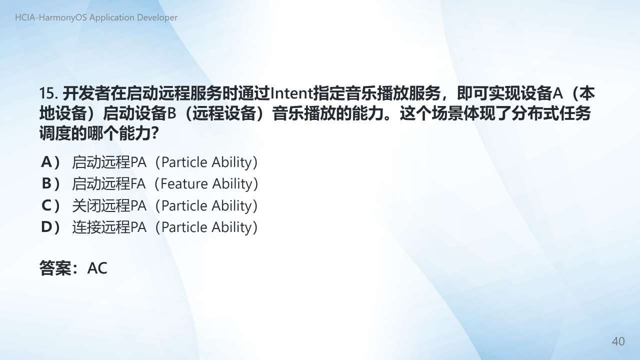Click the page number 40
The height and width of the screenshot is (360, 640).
click(x=618, y=341)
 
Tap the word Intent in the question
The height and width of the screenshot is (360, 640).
click(x=291, y=93)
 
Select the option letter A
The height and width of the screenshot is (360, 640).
click(x=46, y=162)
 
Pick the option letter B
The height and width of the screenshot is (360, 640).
click(x=46, y=183)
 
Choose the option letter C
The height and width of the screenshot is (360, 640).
click(x=46, y=205)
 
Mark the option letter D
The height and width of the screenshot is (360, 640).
click(x=46, y=227)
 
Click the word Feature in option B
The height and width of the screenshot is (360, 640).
click(x=184, y=183)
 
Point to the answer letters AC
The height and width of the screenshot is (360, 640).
click(x=97, y=268)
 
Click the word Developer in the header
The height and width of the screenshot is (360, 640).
click(x=157, y=17)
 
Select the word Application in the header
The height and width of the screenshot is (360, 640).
click(x=112, y=17)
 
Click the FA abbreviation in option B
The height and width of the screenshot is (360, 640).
click(x=137, y=183)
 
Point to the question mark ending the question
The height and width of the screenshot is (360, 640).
click(x=154, y=133)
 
